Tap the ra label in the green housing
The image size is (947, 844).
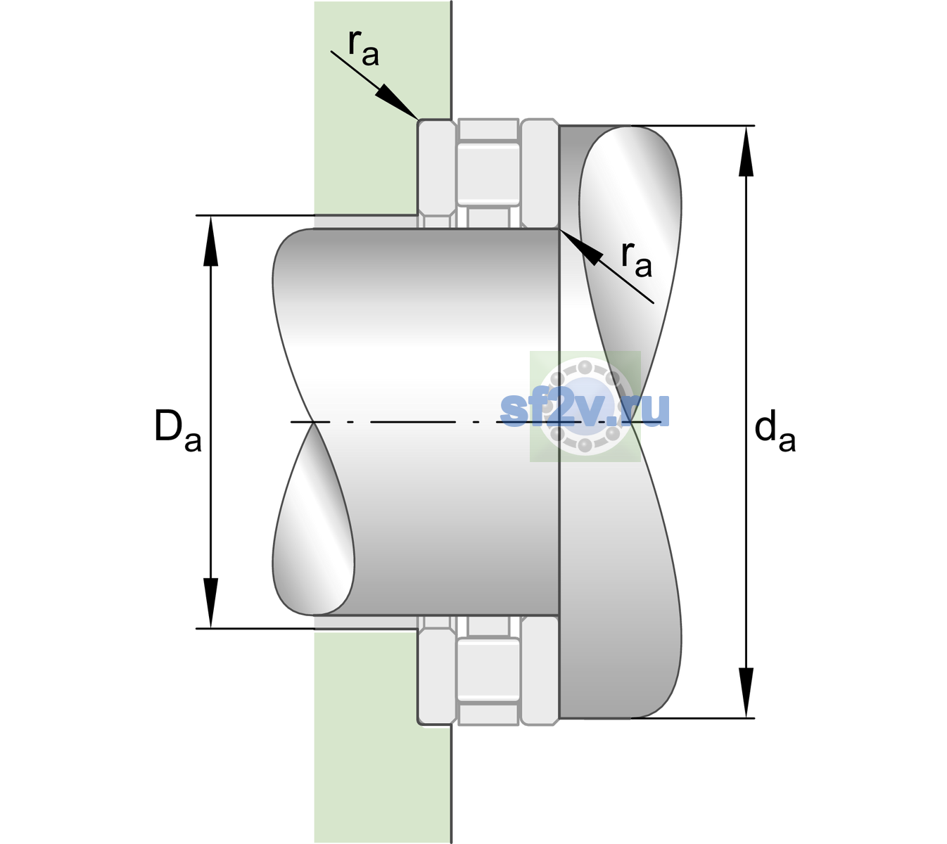(363, 49)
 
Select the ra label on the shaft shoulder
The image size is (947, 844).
(636, 260)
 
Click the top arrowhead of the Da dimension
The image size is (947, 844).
(211, 241)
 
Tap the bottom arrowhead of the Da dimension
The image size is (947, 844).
(211, 603)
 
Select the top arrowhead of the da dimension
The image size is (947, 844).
(746, 151)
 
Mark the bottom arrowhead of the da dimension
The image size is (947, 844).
(746, 693)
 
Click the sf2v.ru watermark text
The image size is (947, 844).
(585, 410)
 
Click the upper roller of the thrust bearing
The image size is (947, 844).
(488, 174)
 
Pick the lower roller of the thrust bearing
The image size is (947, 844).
(488, 670)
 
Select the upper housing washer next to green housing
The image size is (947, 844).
(436, 174)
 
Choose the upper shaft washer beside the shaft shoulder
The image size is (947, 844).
(540, 174)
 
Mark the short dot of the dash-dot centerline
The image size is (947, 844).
(476, 422)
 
